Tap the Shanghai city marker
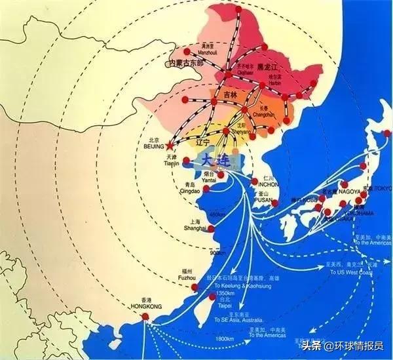210,228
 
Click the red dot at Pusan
274,202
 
